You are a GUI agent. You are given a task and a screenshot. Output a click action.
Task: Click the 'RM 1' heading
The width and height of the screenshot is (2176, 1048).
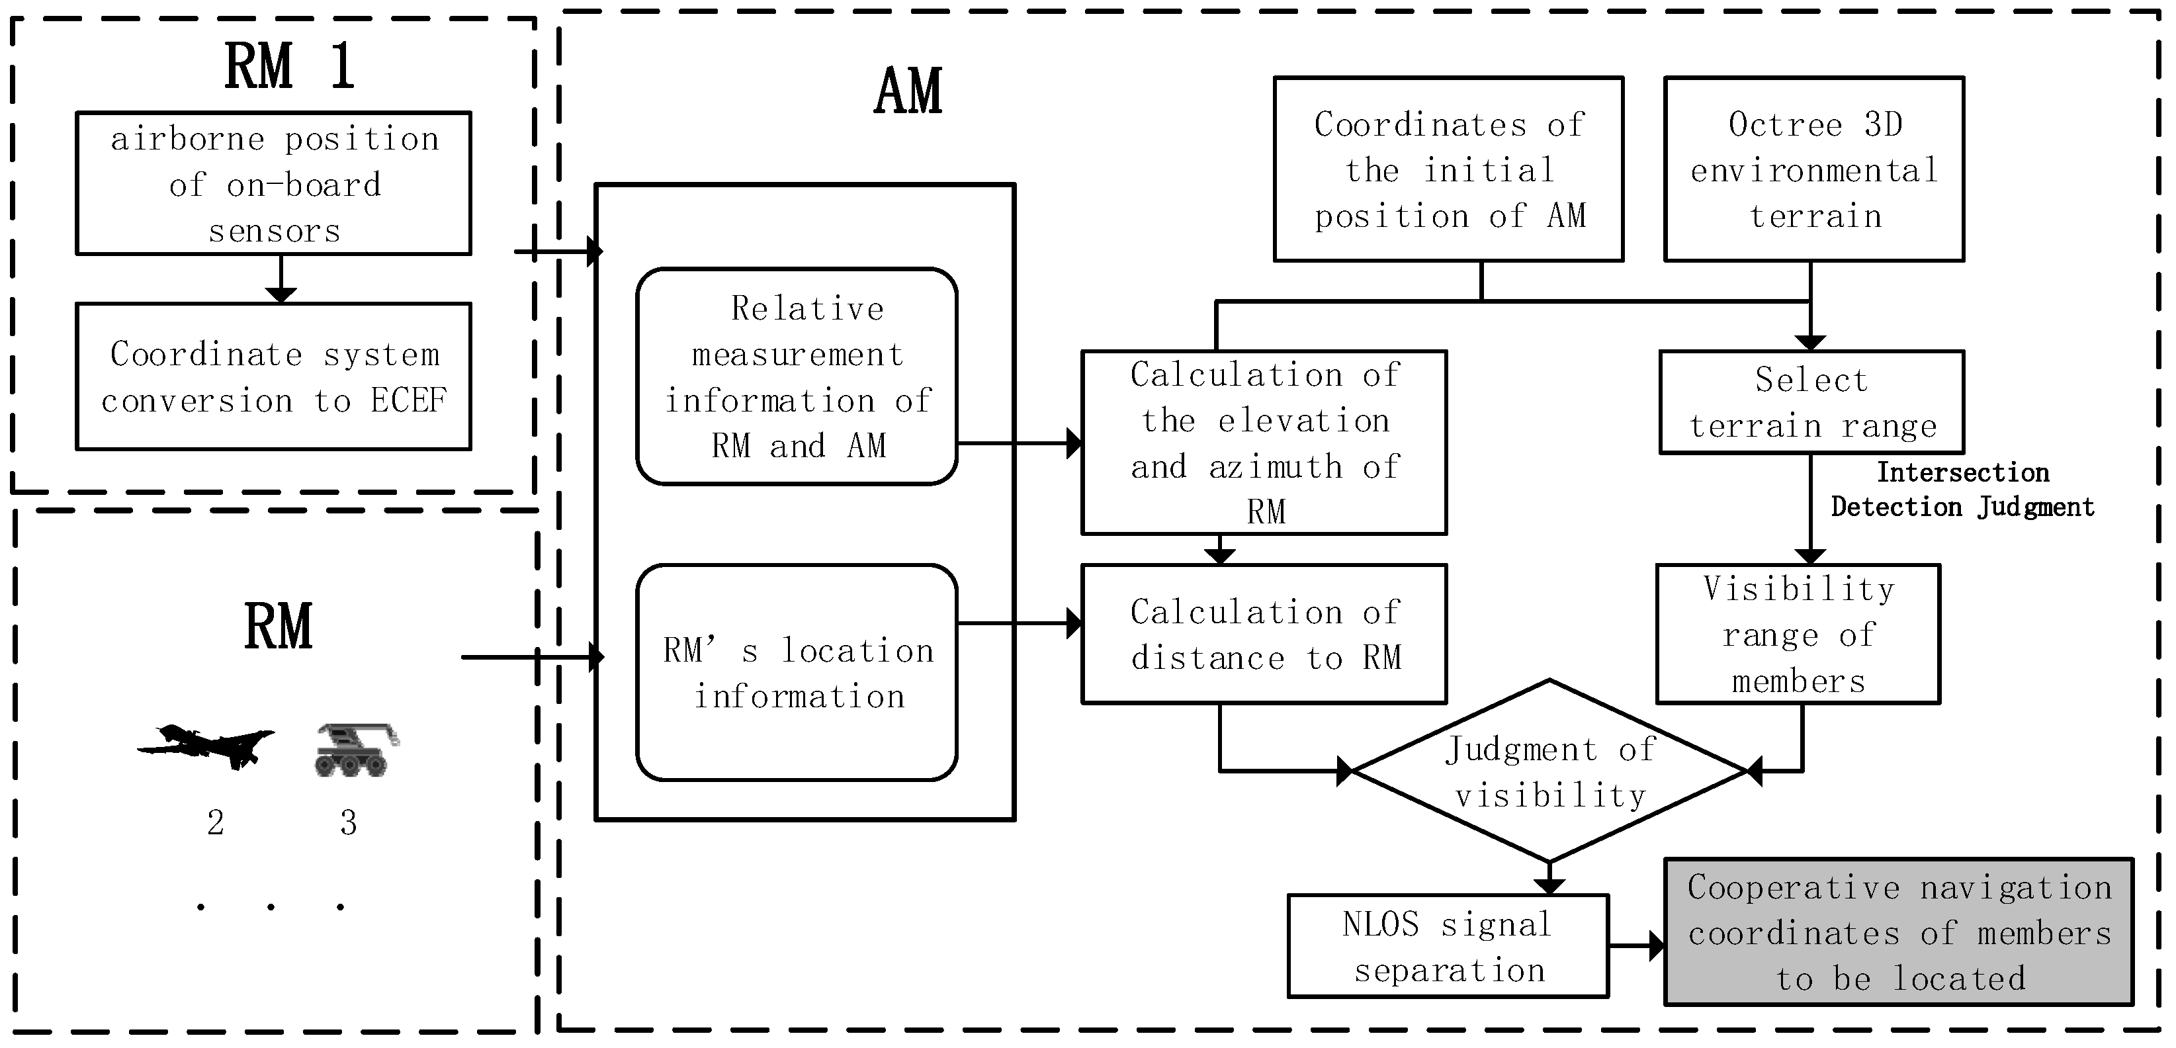pos(289,66)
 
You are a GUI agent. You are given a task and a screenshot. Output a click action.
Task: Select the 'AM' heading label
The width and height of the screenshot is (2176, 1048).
pos(908,91)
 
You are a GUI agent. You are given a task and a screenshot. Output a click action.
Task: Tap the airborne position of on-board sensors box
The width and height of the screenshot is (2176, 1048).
pos(274,183)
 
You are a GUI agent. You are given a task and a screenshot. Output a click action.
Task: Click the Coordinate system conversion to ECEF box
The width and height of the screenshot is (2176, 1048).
pos(274,376)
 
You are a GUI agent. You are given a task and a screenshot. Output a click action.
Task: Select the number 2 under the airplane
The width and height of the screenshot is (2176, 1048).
pos(216,822)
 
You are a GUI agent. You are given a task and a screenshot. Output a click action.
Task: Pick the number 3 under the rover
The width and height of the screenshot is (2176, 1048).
pos(348,822)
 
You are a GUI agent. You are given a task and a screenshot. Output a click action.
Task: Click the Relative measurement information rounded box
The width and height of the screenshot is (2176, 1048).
pos(797,376)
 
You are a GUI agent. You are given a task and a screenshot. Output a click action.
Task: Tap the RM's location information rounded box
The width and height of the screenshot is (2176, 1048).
pos(797,672)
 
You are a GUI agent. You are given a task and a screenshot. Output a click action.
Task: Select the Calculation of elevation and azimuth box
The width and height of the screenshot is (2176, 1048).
pos(1264,443)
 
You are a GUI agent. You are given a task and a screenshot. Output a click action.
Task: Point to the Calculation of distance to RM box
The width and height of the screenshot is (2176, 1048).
pos(1264,634)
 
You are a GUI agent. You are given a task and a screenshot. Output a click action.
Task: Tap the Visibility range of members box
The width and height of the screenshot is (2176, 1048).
pos(1798,634)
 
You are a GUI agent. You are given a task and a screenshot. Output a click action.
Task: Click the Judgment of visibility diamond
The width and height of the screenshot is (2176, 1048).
pos(1549,771)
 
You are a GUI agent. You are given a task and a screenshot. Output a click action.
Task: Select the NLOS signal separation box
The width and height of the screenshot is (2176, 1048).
pos(1448,947)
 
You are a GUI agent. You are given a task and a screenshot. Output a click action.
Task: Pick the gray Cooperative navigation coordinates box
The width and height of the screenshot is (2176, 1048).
pos(1898,932)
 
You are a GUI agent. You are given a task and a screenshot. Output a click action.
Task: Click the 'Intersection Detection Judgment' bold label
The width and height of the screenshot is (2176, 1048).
pos(1962,490)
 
